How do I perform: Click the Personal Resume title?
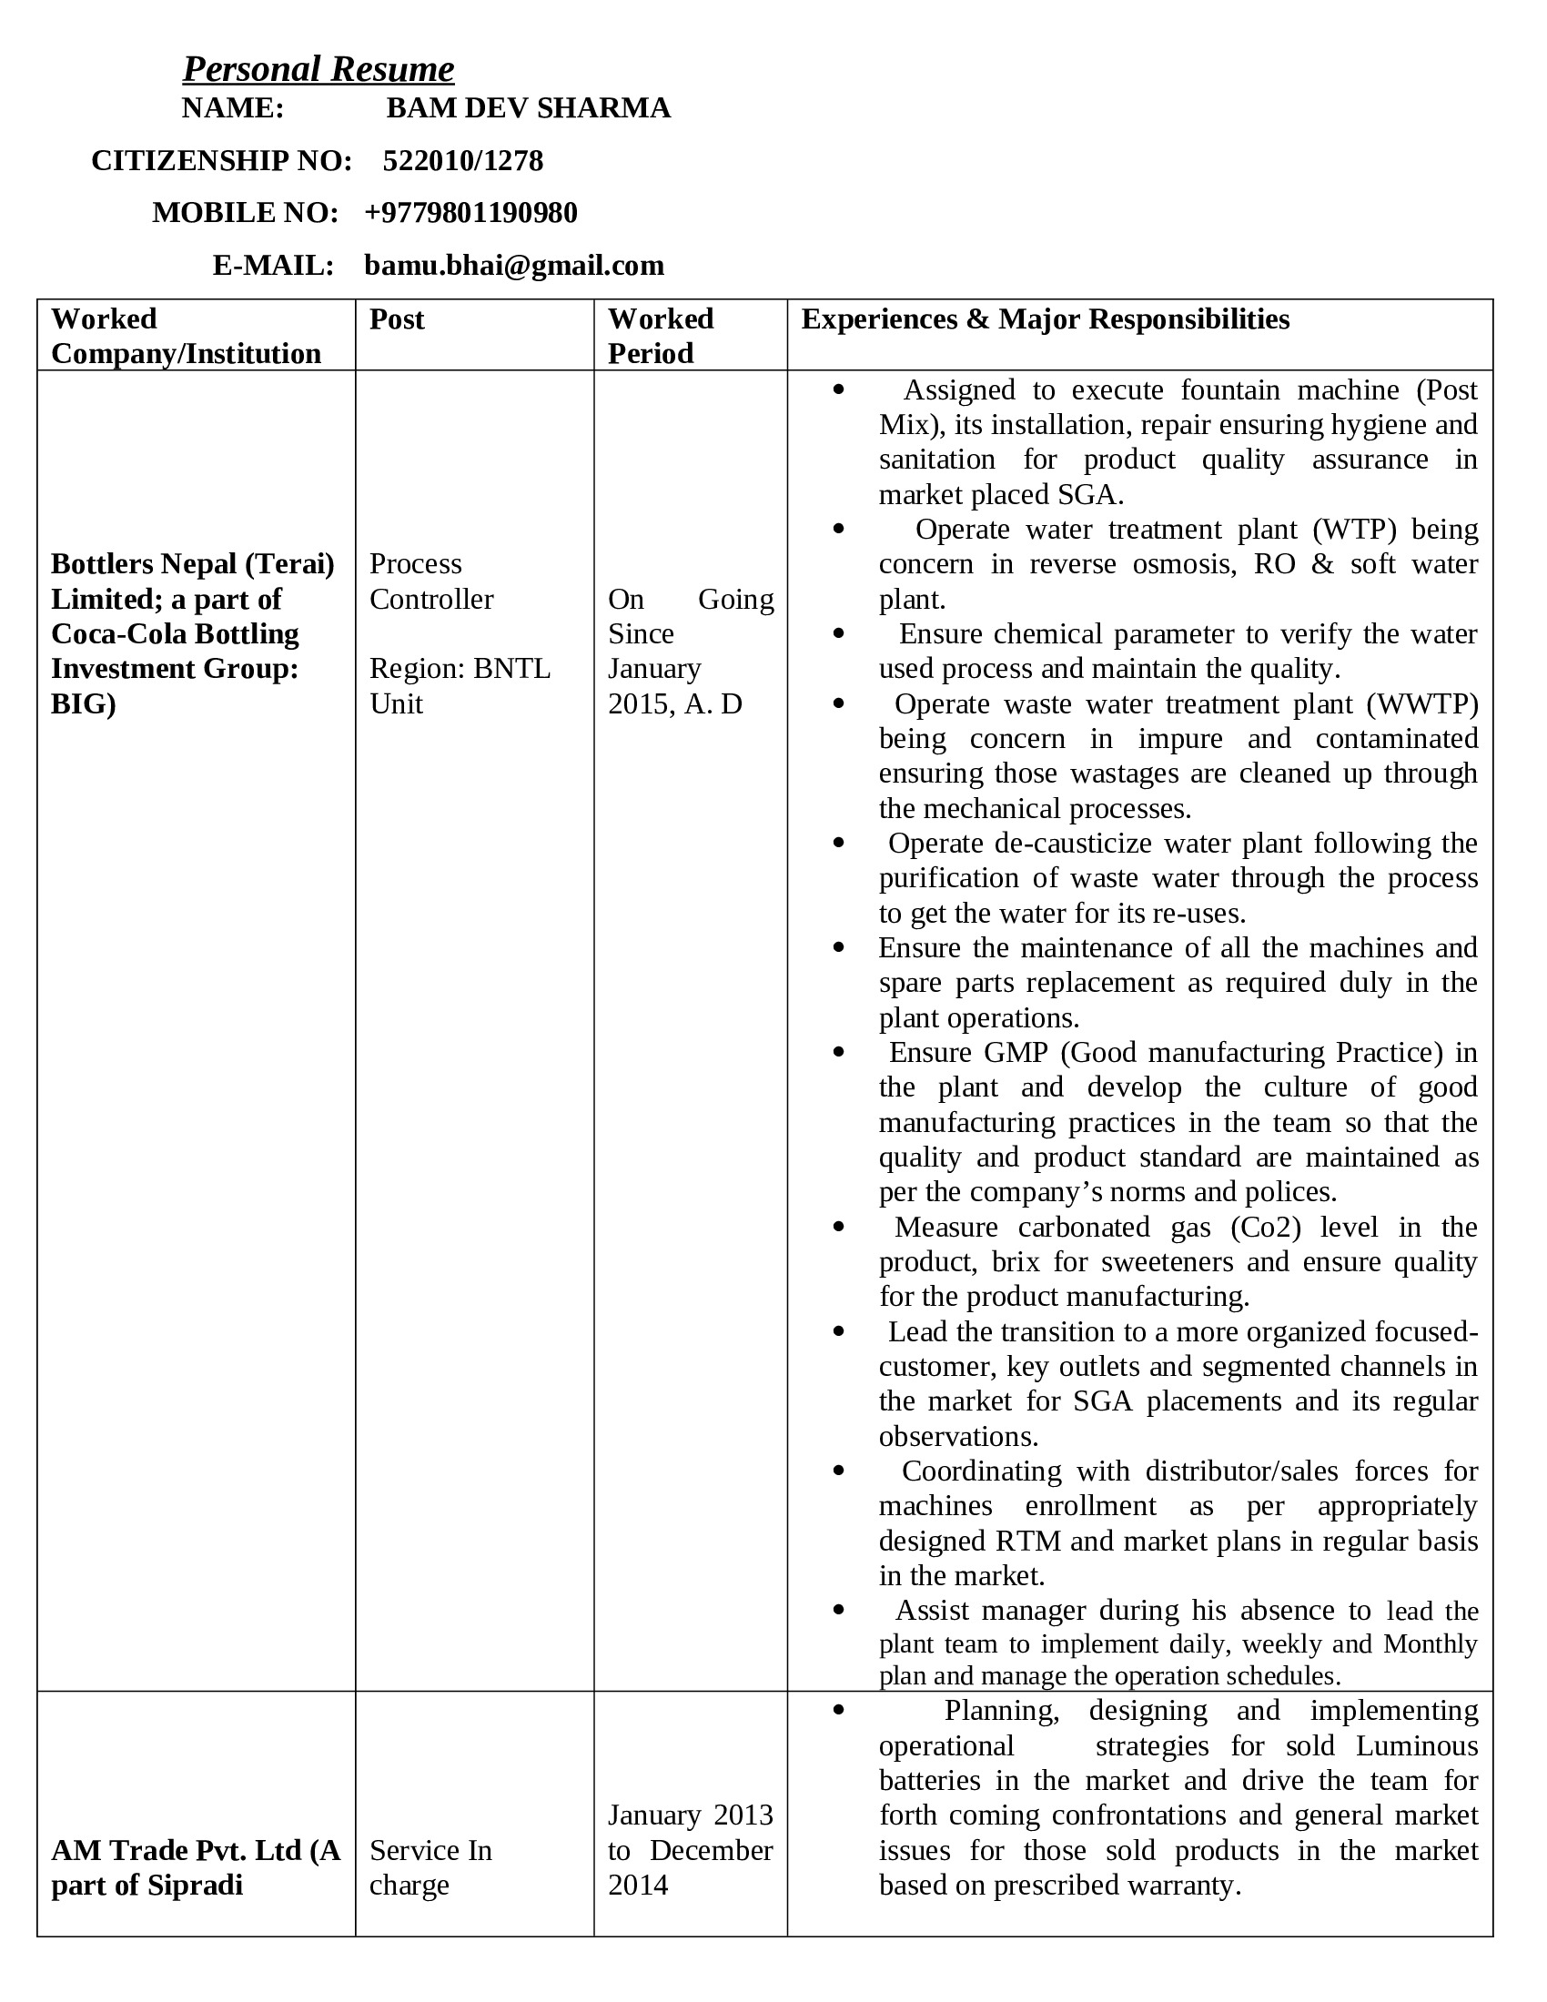(x=318, y=69)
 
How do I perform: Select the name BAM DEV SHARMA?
(x=528, y=108)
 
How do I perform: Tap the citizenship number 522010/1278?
(x=463, y=160)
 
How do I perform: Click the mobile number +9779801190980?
(x=470, y=213)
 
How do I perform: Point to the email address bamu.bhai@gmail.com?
(x=514, y=266)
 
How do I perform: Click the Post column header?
(x=397, y=319)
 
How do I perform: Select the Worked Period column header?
(x=660, y=336)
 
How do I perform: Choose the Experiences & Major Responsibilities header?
(x=1045, y=319)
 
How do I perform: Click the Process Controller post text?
(x=430, y=581)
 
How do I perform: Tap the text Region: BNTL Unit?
(x=460, y=685)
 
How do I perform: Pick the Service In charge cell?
(x=430, y=1867)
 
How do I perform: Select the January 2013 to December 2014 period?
(x=690, y=1850)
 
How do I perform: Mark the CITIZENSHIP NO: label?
(x=222, y=160)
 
